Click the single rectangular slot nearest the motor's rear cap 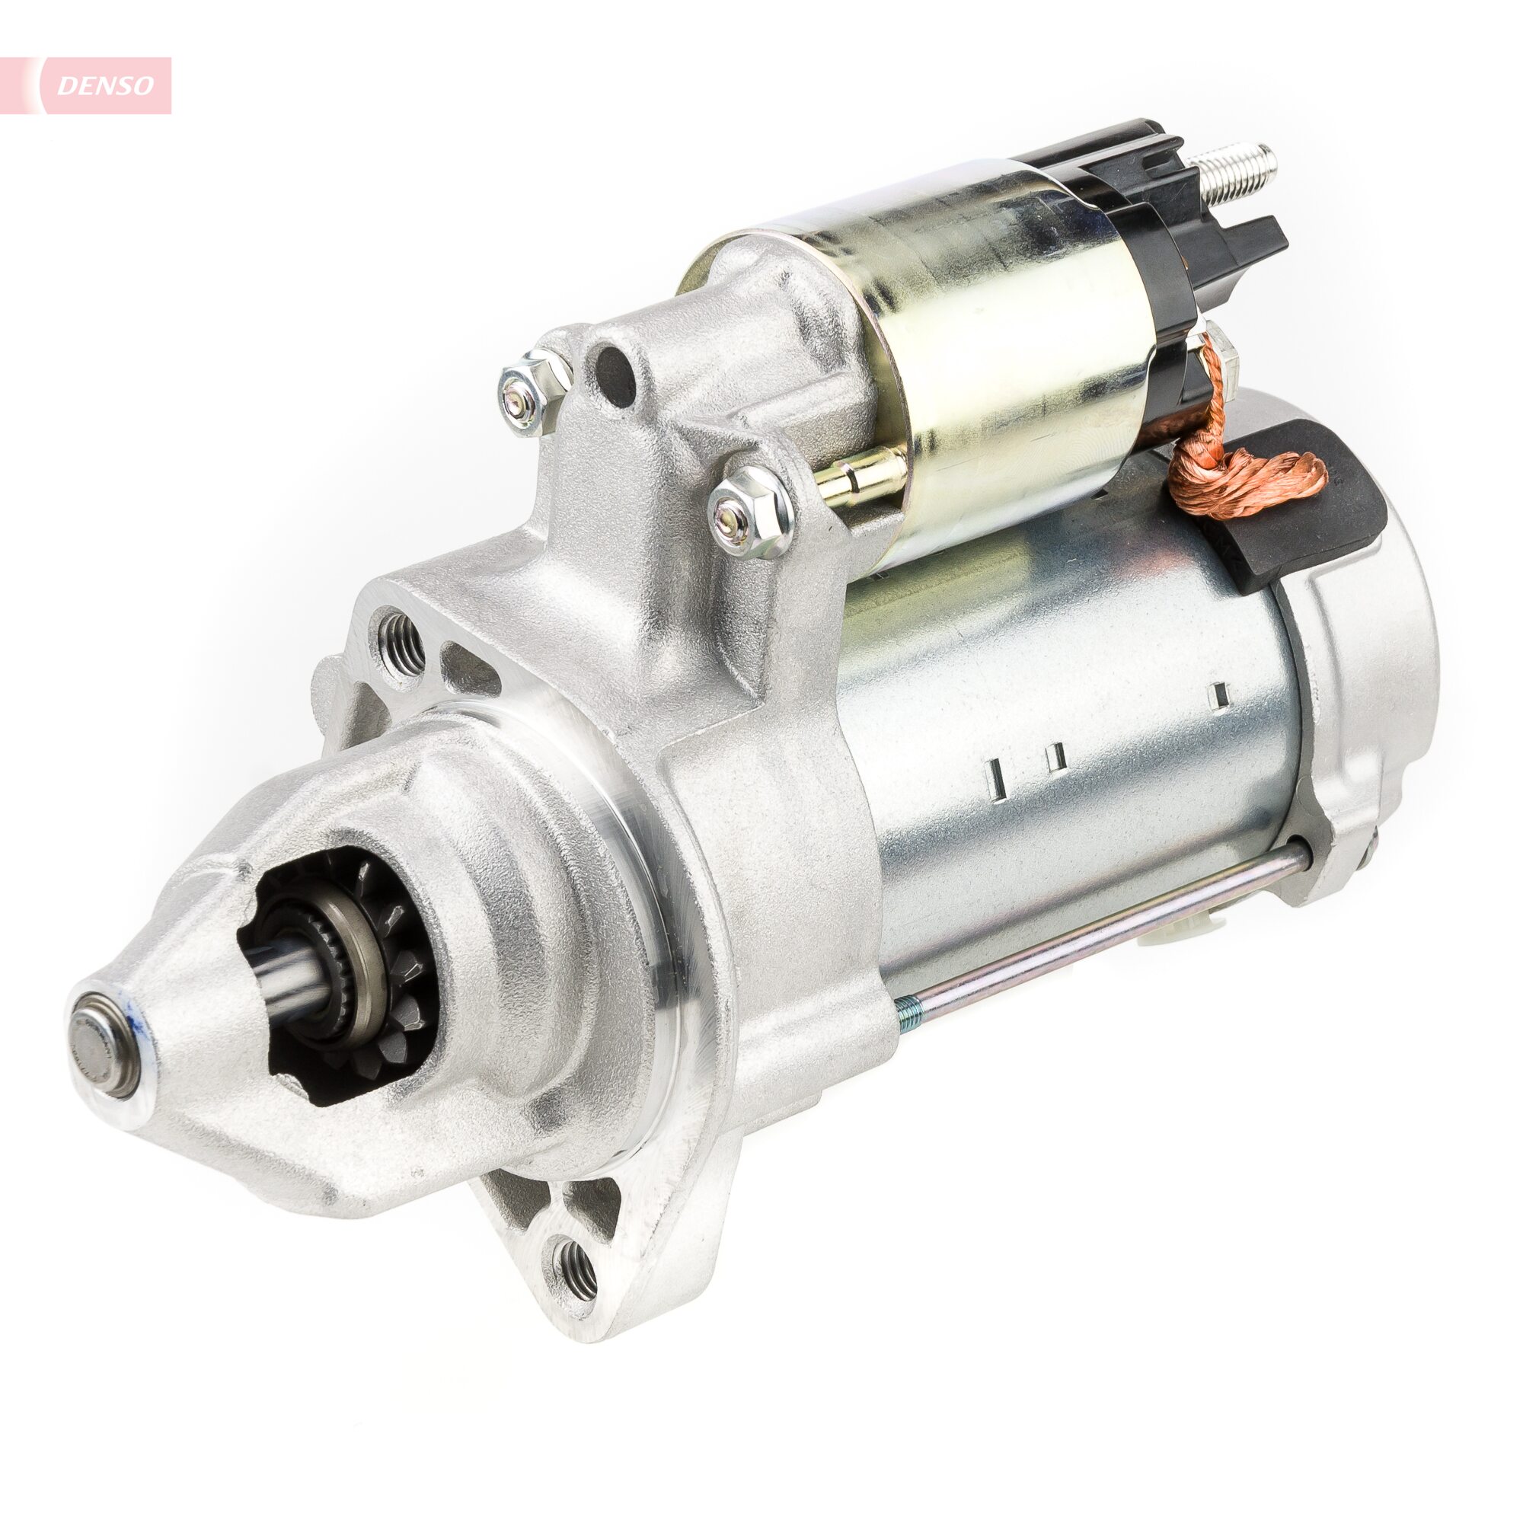(x=1220, y=693)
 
